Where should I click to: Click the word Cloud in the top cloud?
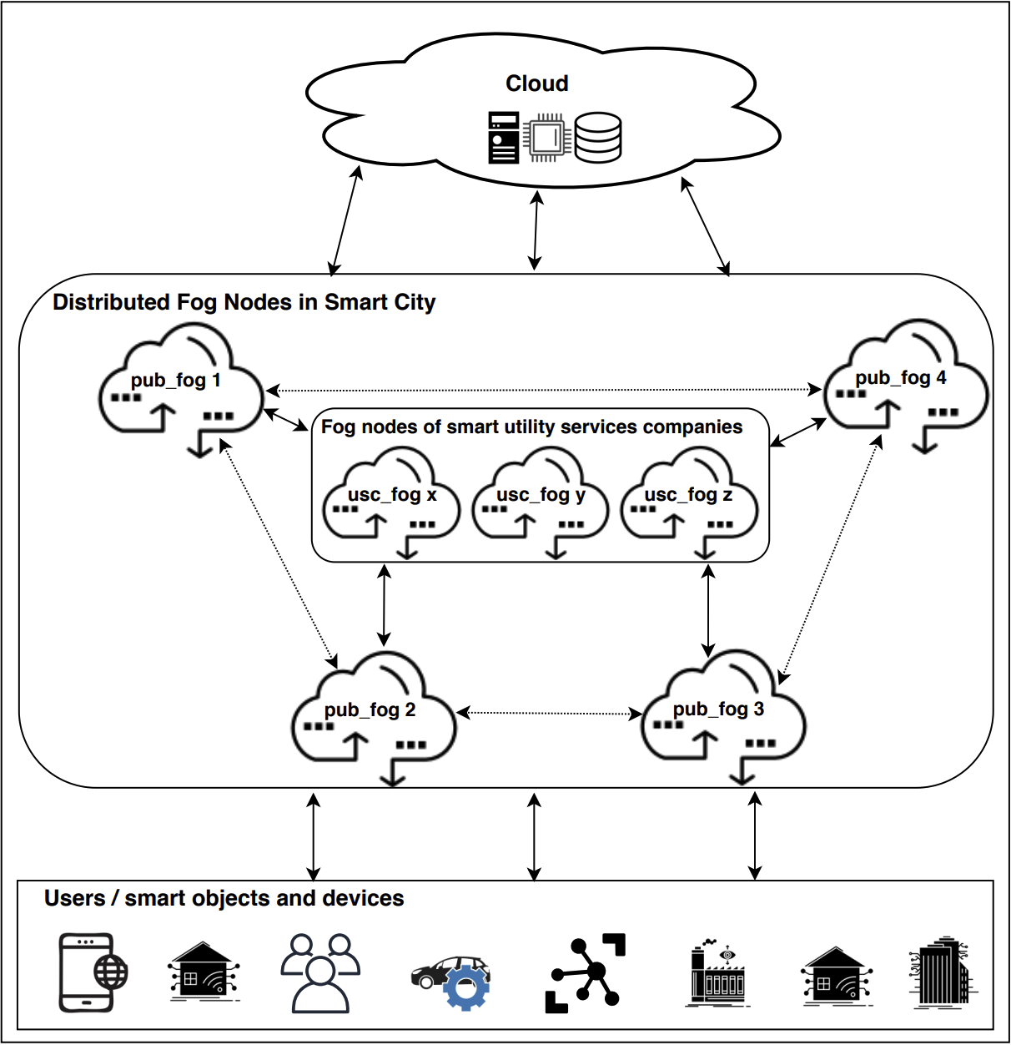point(537,83)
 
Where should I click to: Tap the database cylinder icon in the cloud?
point(598,138)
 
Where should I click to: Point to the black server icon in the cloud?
point(504,138)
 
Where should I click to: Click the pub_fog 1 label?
point(176,381)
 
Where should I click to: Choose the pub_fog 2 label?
point(370,709)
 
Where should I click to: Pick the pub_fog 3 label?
point(718,709)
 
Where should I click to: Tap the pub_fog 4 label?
point(901,377)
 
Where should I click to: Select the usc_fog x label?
point(392,494)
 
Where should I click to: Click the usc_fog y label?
point(541,494)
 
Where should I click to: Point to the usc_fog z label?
point(688,494)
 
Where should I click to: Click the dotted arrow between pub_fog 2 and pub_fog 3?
point(549,713)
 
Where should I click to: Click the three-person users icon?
point(319,973)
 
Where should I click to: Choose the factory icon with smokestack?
point(717,973)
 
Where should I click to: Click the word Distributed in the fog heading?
point(110,302)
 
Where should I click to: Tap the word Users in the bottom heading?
point(74,898)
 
